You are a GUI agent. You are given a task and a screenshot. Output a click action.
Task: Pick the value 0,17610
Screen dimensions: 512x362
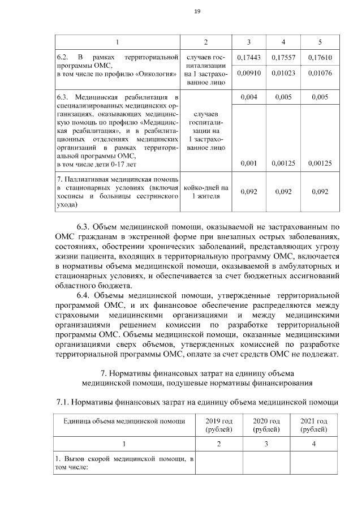[320, 58]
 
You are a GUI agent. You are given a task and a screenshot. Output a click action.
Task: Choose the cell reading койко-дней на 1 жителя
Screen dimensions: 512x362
[206, 192]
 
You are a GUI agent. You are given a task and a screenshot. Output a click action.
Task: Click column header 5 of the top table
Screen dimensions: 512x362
[320, 42]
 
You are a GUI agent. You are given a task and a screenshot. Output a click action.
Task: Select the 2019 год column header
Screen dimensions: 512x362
[219, 425]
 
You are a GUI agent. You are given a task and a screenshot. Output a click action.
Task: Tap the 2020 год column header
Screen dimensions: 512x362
[266, 425]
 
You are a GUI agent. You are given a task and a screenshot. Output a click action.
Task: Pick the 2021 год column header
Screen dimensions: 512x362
[313, 425]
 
